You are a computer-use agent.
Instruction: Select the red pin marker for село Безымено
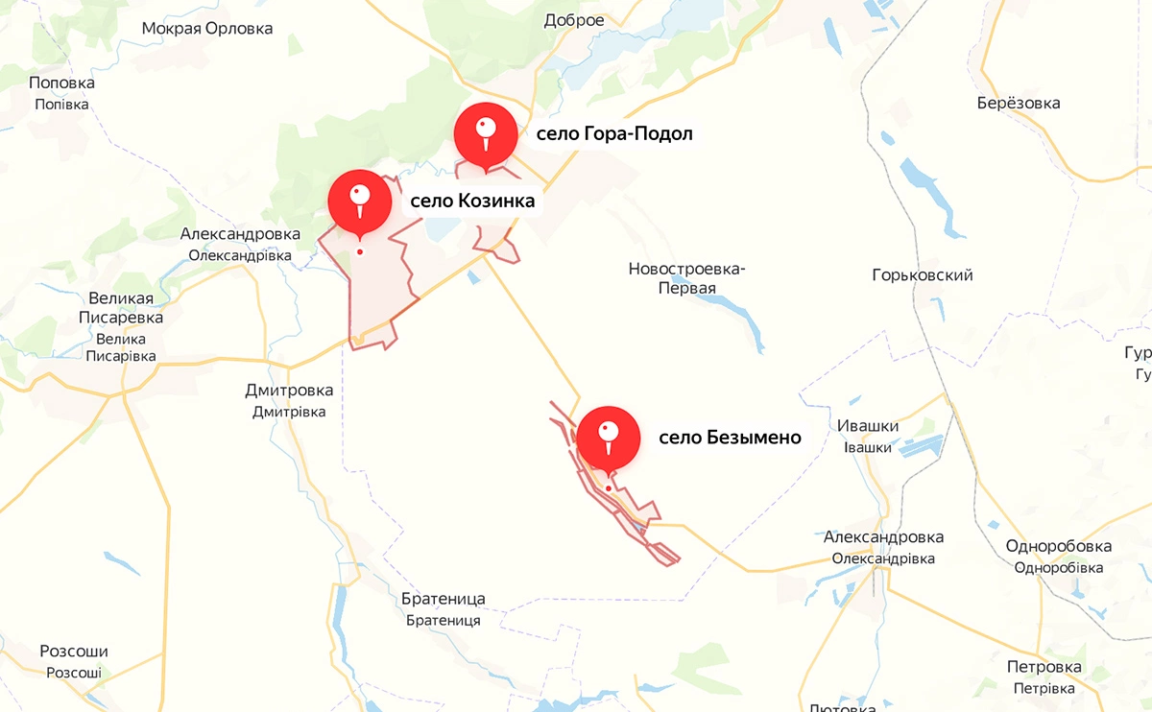coord(608,438)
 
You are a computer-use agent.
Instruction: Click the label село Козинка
coord(471,202)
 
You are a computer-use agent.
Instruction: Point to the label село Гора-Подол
coord(614,133)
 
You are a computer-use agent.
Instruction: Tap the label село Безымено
coord(730,438)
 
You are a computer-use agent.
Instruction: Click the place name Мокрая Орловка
coord(207,28)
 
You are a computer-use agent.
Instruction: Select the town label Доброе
coord(574,20)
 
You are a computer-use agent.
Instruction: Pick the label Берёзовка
coord(1018,103)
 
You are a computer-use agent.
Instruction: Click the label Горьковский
coord(923,275)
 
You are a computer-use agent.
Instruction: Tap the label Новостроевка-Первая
coord(686,278)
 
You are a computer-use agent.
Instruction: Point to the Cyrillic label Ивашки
coord(868,426)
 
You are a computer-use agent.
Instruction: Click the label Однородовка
coord(1059,546)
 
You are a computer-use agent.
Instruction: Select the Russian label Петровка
coord(1044,667)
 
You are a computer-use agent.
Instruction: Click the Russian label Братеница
coord(444,599)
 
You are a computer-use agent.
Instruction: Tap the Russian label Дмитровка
coord(289,391)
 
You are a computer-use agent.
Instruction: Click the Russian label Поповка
coord(61,83)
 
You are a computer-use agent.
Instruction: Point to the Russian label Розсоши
coord(74,652)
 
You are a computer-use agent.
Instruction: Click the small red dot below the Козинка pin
coord(360,252)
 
